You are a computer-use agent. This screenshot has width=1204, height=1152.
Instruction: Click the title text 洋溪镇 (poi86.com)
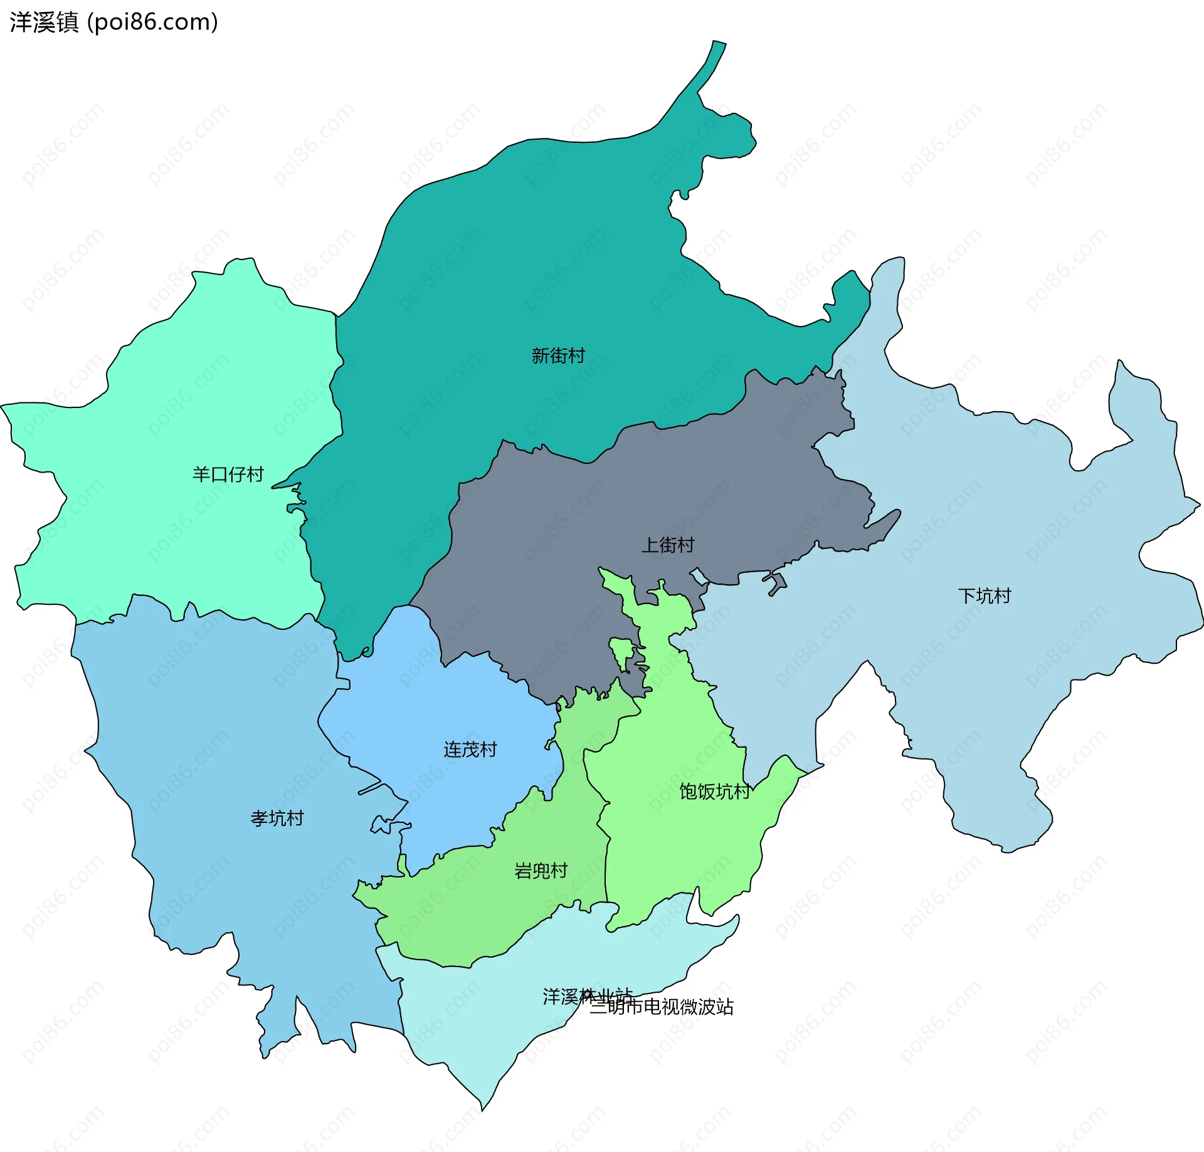pos(114,23)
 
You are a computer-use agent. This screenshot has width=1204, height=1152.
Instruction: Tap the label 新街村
pos(557,356)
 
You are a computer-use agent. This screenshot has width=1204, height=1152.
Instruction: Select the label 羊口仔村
pos(228,474)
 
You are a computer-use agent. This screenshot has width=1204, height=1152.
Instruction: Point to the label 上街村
pos(667,545)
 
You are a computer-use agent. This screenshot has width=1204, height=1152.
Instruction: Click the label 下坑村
pos(984,596)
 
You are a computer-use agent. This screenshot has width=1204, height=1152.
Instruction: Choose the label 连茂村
pos(470,750)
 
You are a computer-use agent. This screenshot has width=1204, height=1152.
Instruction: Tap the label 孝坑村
pos(277,819)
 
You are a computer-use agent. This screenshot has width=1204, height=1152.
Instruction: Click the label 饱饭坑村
pos(714,792)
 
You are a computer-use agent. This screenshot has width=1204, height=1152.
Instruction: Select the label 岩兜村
pos(541,871)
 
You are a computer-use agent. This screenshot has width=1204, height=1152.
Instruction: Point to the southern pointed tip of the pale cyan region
pos(483,1106)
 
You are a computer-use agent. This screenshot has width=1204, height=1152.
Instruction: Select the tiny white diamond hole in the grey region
pos(699,575)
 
